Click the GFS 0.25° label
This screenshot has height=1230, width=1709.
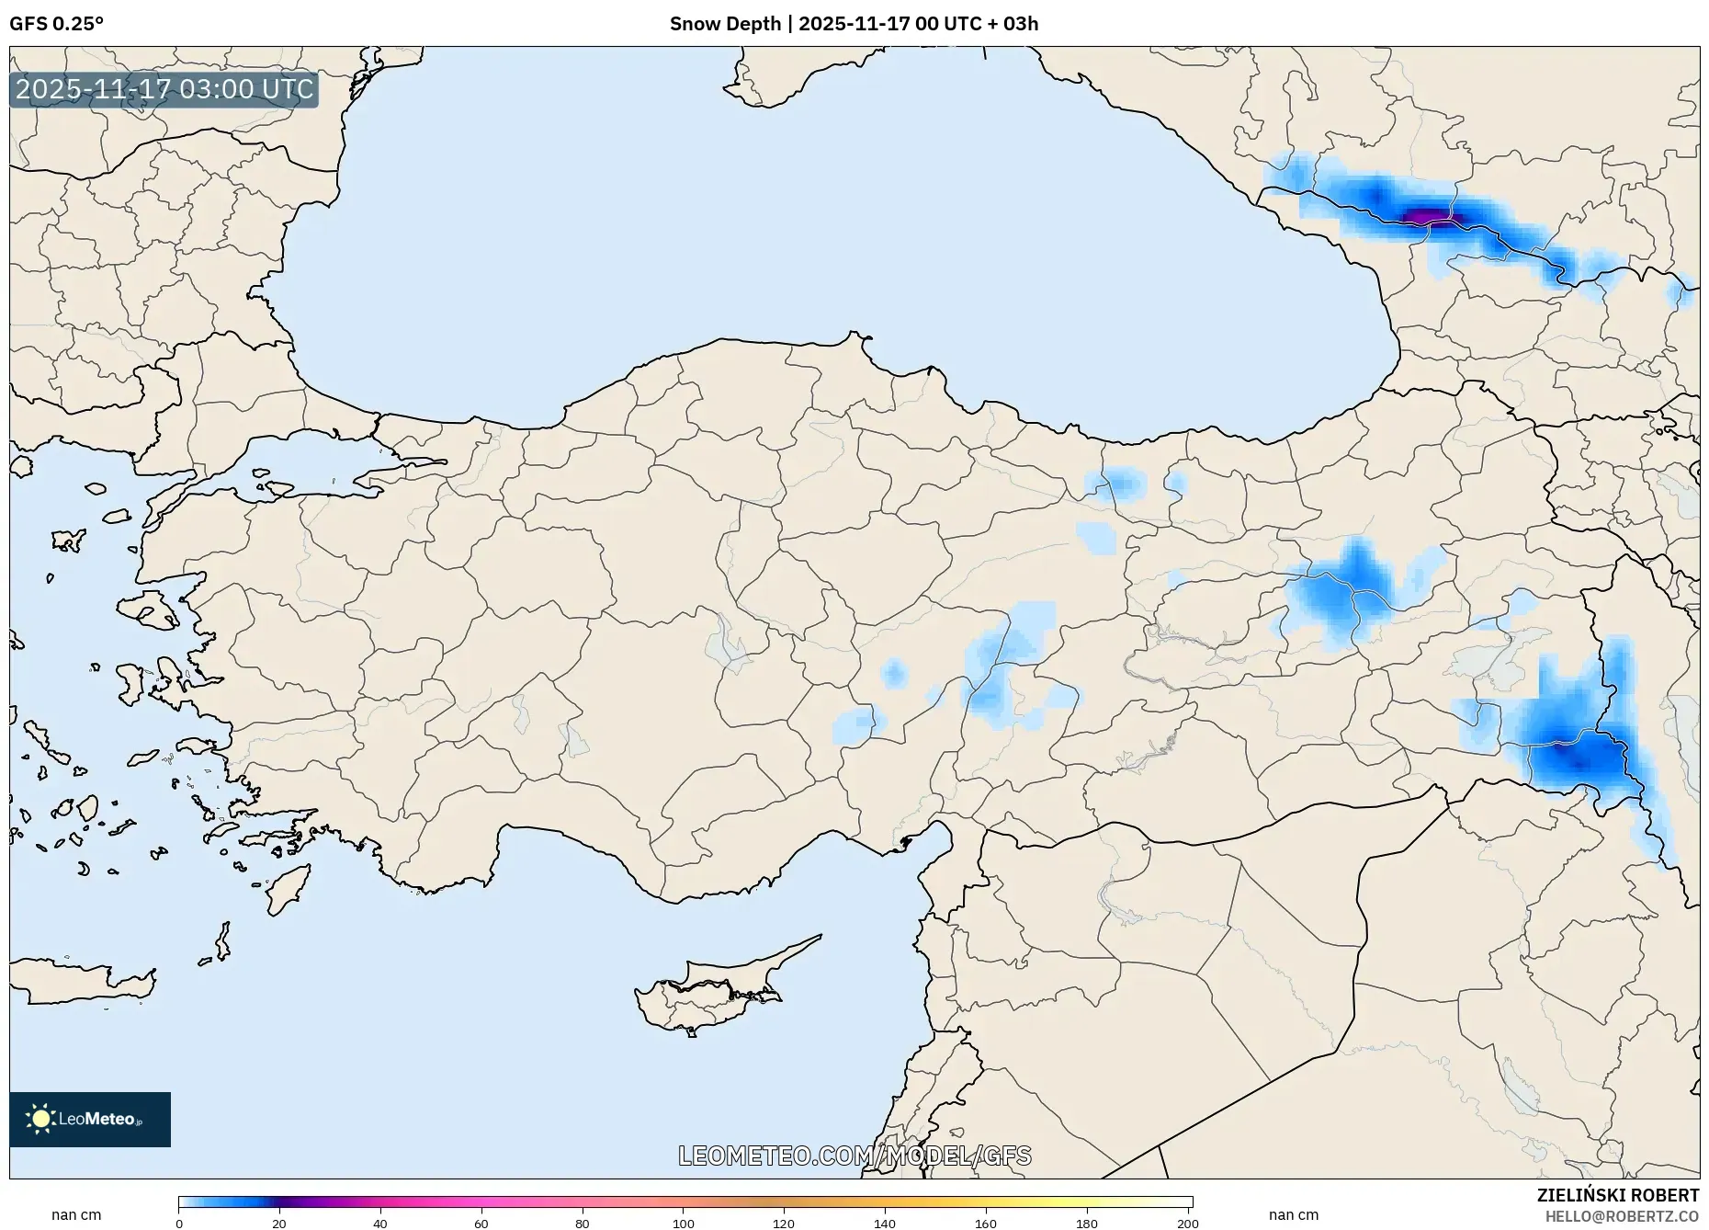(x=56, y=24)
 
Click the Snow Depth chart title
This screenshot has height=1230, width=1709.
(x=854, y=24)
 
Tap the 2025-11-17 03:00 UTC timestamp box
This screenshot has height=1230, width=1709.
(x=164, y=89)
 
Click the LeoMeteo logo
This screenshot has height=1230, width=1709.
(x=90, y=1119)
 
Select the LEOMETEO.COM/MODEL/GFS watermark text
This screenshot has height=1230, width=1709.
(x=854, y=1156)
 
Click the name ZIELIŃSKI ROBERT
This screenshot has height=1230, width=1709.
(x=1617, y=1195)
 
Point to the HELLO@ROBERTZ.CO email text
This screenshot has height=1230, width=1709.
(x=1622, y=1216)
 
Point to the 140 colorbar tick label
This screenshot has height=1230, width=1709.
(x=885, y=1224)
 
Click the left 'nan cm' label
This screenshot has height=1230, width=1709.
(x=76, y=1215)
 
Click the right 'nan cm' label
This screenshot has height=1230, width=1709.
(x=1293, y=1215)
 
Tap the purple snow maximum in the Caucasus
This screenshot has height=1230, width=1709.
(x=1424, y=217)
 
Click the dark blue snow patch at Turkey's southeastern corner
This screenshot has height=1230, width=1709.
(x=1573, y=758)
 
